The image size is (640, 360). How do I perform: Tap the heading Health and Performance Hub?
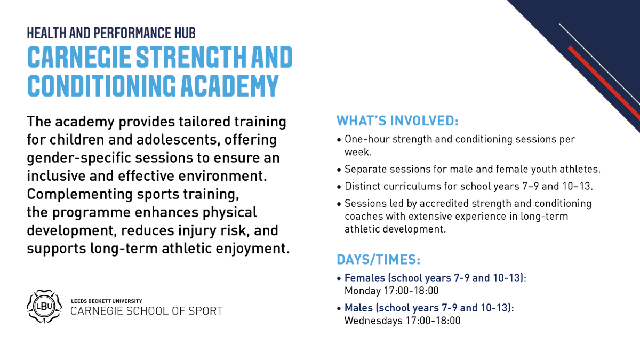point(111,33)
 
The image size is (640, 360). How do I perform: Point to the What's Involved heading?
point(397,121)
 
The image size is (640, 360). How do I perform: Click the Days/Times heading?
point(378,260)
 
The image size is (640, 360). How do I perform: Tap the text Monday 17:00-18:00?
point(391,291)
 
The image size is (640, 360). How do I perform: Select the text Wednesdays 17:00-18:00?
point(402,321)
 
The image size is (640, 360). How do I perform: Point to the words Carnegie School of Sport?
point(147,311)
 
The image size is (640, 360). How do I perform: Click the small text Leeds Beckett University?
point(106,301)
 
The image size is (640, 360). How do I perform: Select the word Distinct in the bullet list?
point(361,187)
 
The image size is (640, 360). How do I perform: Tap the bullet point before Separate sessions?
point(339,170)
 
